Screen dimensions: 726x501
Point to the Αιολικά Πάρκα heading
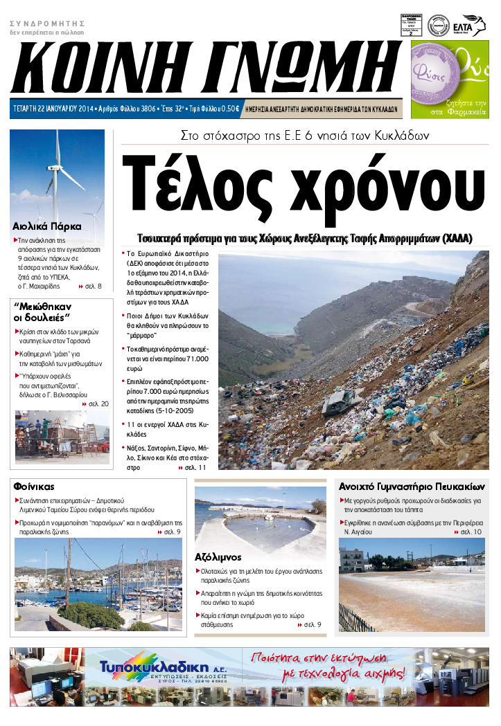[47, 226]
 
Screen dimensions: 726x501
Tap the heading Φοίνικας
[34, 486]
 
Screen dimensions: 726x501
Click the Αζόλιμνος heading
[218, 556]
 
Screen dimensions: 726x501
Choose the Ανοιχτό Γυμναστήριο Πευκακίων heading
[414, 486]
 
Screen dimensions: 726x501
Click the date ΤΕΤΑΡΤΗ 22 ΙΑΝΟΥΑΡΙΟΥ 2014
[53, 109]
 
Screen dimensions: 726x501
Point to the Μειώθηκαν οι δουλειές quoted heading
[43, 311]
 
